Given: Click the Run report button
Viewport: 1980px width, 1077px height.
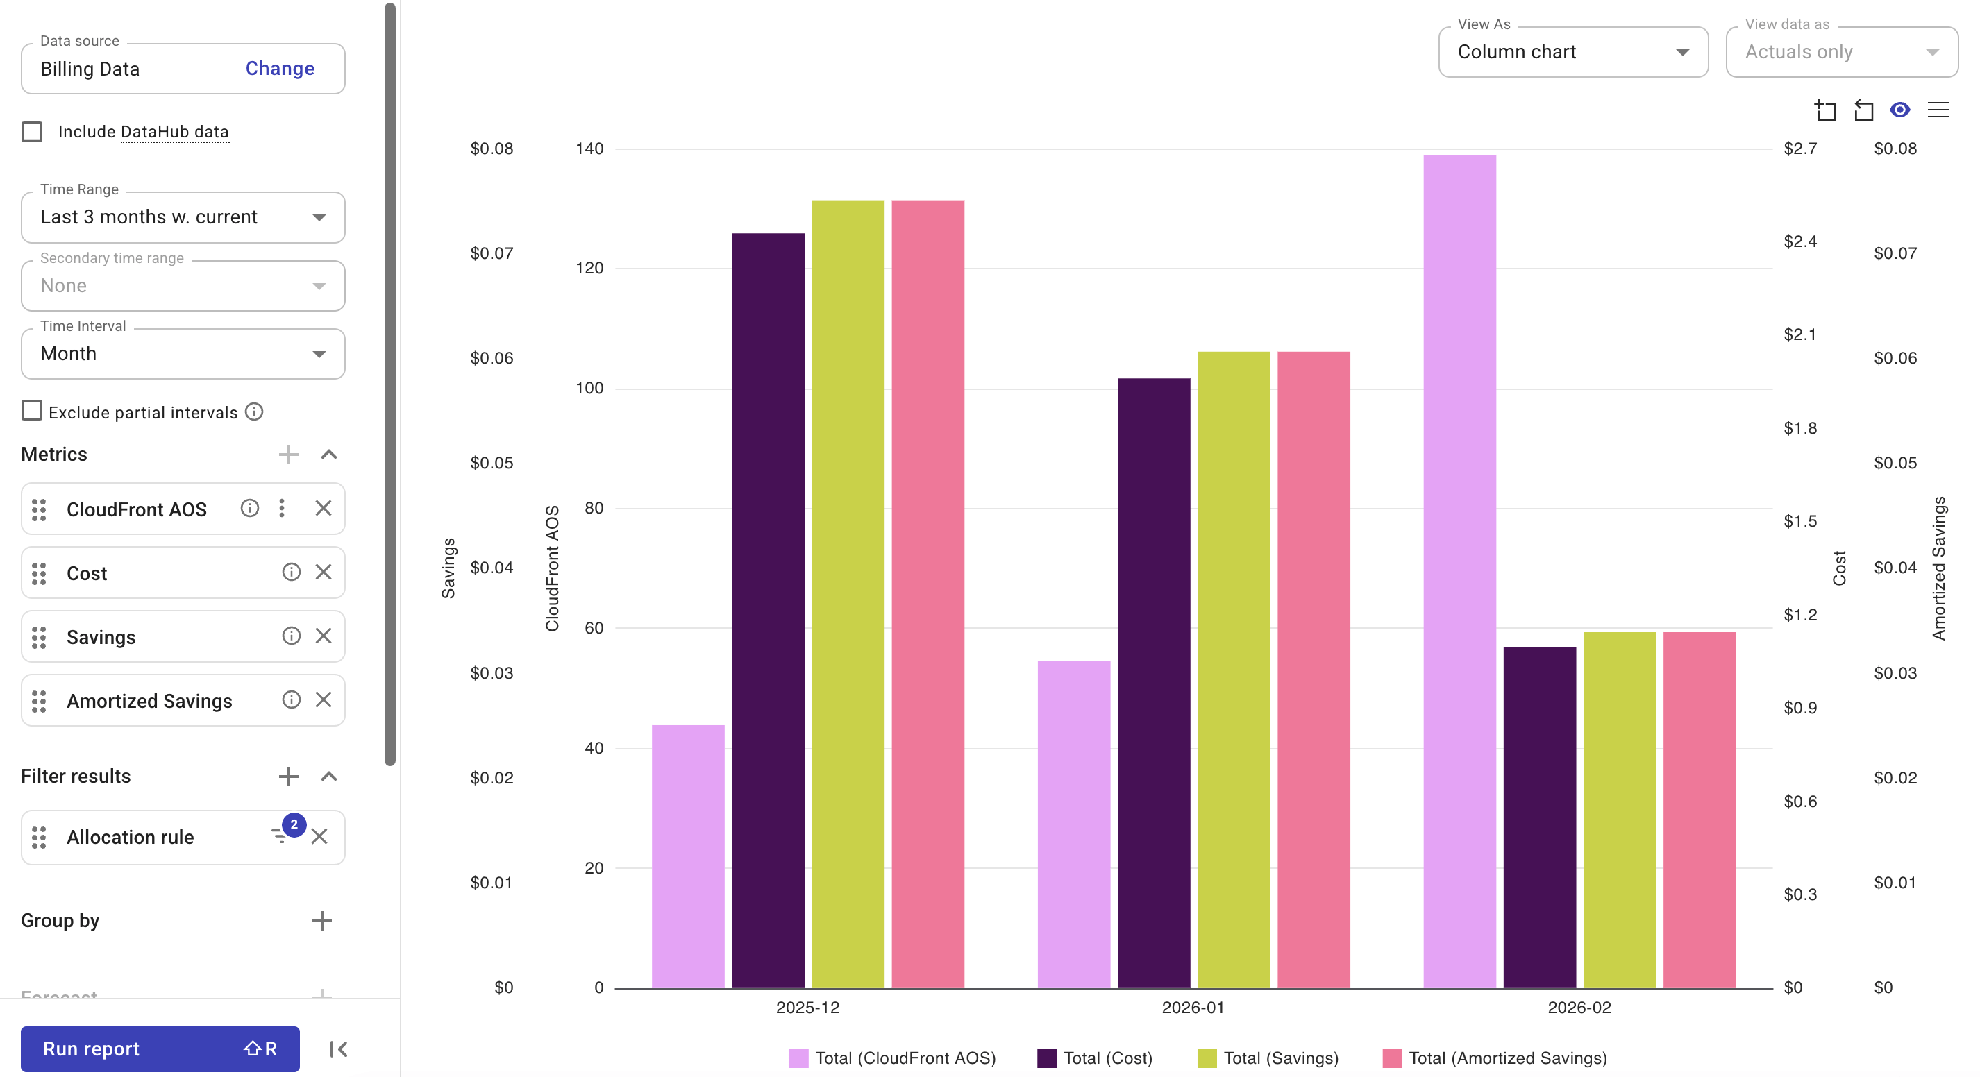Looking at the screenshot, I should (x=159, y=1048).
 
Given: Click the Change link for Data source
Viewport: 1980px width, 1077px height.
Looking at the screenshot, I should (x=279, y=69).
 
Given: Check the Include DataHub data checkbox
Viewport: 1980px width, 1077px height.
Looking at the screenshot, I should (x=32, y=131).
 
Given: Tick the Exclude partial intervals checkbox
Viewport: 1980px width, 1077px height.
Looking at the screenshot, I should (x=32, y=411).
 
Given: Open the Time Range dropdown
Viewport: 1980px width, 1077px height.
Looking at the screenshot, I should (x=183, y=217).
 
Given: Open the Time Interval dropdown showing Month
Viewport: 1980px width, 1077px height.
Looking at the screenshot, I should (x=183, y=354).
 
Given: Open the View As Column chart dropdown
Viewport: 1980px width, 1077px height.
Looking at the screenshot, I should (x=1572, y=52).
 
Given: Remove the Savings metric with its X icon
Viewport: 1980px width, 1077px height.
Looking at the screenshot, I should (x=324, y=636).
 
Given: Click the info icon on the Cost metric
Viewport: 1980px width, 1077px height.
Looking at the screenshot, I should (x=290, y=573).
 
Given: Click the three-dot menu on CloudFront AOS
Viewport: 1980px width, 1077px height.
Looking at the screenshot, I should (x=282, y=508).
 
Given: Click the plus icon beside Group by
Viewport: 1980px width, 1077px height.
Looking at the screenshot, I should (x=322, y=920).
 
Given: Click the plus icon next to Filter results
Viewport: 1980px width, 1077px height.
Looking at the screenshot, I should (x=288, y=776).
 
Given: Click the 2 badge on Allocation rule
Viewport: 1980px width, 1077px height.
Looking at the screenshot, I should (x=293, y=825).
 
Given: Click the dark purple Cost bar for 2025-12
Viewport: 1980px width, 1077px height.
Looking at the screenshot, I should (x=768, y=610).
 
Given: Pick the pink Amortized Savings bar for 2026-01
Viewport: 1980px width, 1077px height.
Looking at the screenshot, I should (x=1313, y=669).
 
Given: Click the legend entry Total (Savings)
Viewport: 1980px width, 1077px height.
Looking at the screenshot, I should (x=1268, y=1058).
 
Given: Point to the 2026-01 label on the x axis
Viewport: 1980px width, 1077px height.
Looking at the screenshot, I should (x=1192, y=1007).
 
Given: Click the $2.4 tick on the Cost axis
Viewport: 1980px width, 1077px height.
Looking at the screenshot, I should (x=1799, y=242).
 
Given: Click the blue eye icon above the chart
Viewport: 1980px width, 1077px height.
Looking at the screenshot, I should (x=1899, y=110).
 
